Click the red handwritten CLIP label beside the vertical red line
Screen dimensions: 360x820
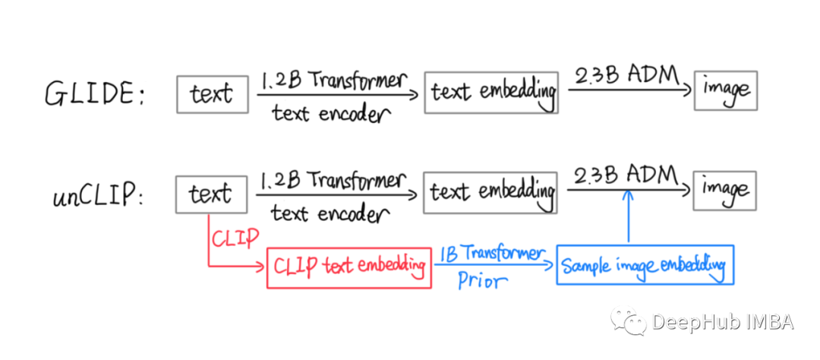(235, 238)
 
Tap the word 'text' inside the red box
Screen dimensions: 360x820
(339, 267)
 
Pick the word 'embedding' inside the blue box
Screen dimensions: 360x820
(692, 265)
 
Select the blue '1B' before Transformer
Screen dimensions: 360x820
(448, 254)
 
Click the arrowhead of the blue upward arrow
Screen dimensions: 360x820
(628, 197)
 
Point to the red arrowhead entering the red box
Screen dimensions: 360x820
(260, 266)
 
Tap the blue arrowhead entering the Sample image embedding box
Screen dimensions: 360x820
(549, 264)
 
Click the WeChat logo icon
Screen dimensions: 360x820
(628, 320)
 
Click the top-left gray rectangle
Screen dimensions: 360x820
(213, 94)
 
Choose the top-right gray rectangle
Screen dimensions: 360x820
(725, 90)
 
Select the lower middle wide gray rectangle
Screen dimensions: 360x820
(490, 193)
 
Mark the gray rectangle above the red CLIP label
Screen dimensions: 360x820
(211, 194)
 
